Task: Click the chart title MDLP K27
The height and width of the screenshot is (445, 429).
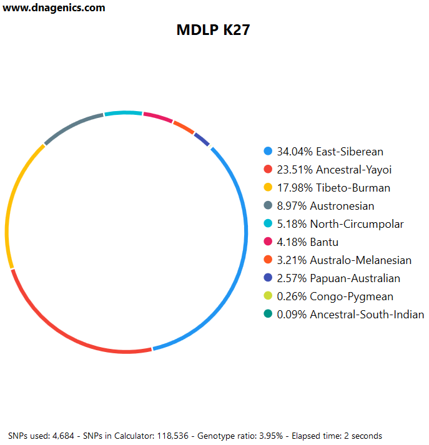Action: (213, 30)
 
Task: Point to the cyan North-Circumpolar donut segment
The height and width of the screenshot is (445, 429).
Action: (123, 113)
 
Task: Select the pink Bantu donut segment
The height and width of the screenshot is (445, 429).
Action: (158, 117)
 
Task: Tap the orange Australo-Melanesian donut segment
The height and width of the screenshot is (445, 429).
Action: (183, 127)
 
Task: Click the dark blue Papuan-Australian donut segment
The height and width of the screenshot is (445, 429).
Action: (201, 139)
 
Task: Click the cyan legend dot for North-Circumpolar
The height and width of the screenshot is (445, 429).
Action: (269, 224)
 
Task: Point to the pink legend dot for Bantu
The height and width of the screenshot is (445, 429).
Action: (269, 242)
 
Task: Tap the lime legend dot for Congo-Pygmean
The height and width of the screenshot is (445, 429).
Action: (269, 296)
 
